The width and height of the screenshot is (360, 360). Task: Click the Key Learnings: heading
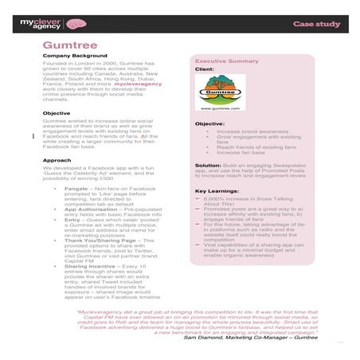(217, 191)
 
